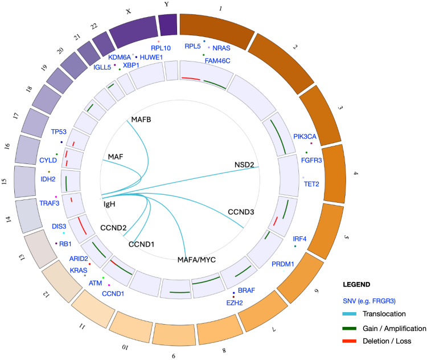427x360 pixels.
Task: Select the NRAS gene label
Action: (x=221, y=48)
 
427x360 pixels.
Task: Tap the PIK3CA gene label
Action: (x=305, y=137)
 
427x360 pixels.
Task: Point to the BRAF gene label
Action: (x=247, y=291)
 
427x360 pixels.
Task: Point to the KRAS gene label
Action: (x=78, y=270)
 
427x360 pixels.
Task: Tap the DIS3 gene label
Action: (x=59, y=226)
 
